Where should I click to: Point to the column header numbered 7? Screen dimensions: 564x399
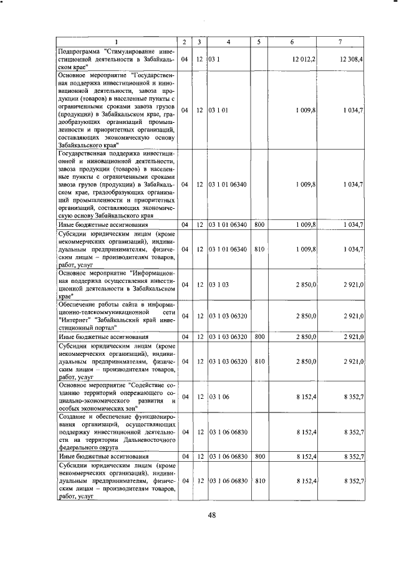[340, 42]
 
